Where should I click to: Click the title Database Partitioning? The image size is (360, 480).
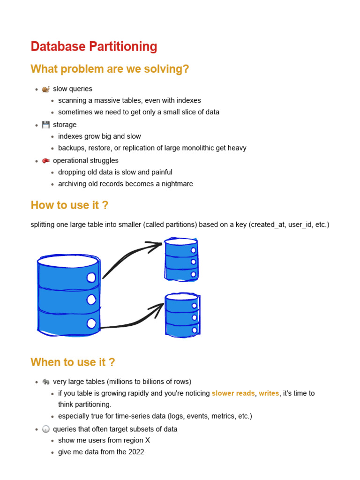coord(94,47)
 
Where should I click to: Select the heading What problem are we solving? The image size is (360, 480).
coord(110,69)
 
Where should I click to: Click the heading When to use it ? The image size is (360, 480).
coord(73,362)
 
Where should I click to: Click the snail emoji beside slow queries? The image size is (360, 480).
coord(45,89)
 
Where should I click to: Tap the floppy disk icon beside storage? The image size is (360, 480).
coord(45,125)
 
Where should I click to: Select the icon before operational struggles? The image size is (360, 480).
coord(45,161)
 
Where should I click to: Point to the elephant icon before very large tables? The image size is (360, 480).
coord(45,382)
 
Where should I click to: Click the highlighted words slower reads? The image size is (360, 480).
coord(233,393)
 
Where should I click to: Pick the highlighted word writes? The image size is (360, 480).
coord(269,393)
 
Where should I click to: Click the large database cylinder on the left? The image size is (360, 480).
coord(68,295)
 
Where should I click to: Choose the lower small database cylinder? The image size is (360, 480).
coord(182,315)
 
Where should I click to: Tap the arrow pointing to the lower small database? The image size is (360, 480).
coord(134,319)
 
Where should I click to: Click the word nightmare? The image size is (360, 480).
coord(176,184)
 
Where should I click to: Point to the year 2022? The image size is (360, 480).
coord(136,452)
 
